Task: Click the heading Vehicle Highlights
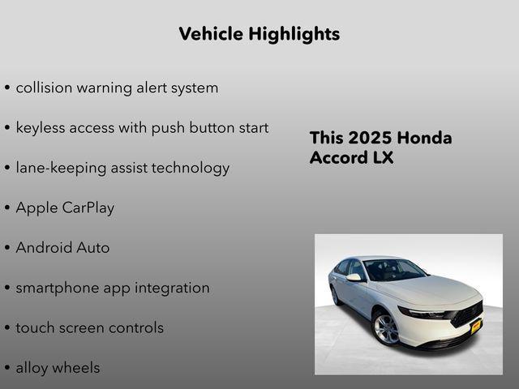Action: click(259, 34)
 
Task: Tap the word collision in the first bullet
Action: click(45, 88)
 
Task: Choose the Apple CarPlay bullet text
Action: click(65, 207)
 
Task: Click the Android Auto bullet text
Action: click(62, 248)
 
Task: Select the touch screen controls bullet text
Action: click(89, 327)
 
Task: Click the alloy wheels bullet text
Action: click(58, 367)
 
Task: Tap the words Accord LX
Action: click(351, 157)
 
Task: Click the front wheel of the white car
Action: click(385, 327)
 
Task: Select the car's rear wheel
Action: click(336, 296)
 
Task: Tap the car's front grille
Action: click(468, 313)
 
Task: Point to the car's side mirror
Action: click(354, 277)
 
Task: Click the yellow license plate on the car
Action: click(476, 326)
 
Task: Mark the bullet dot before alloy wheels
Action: click(7, 368)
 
